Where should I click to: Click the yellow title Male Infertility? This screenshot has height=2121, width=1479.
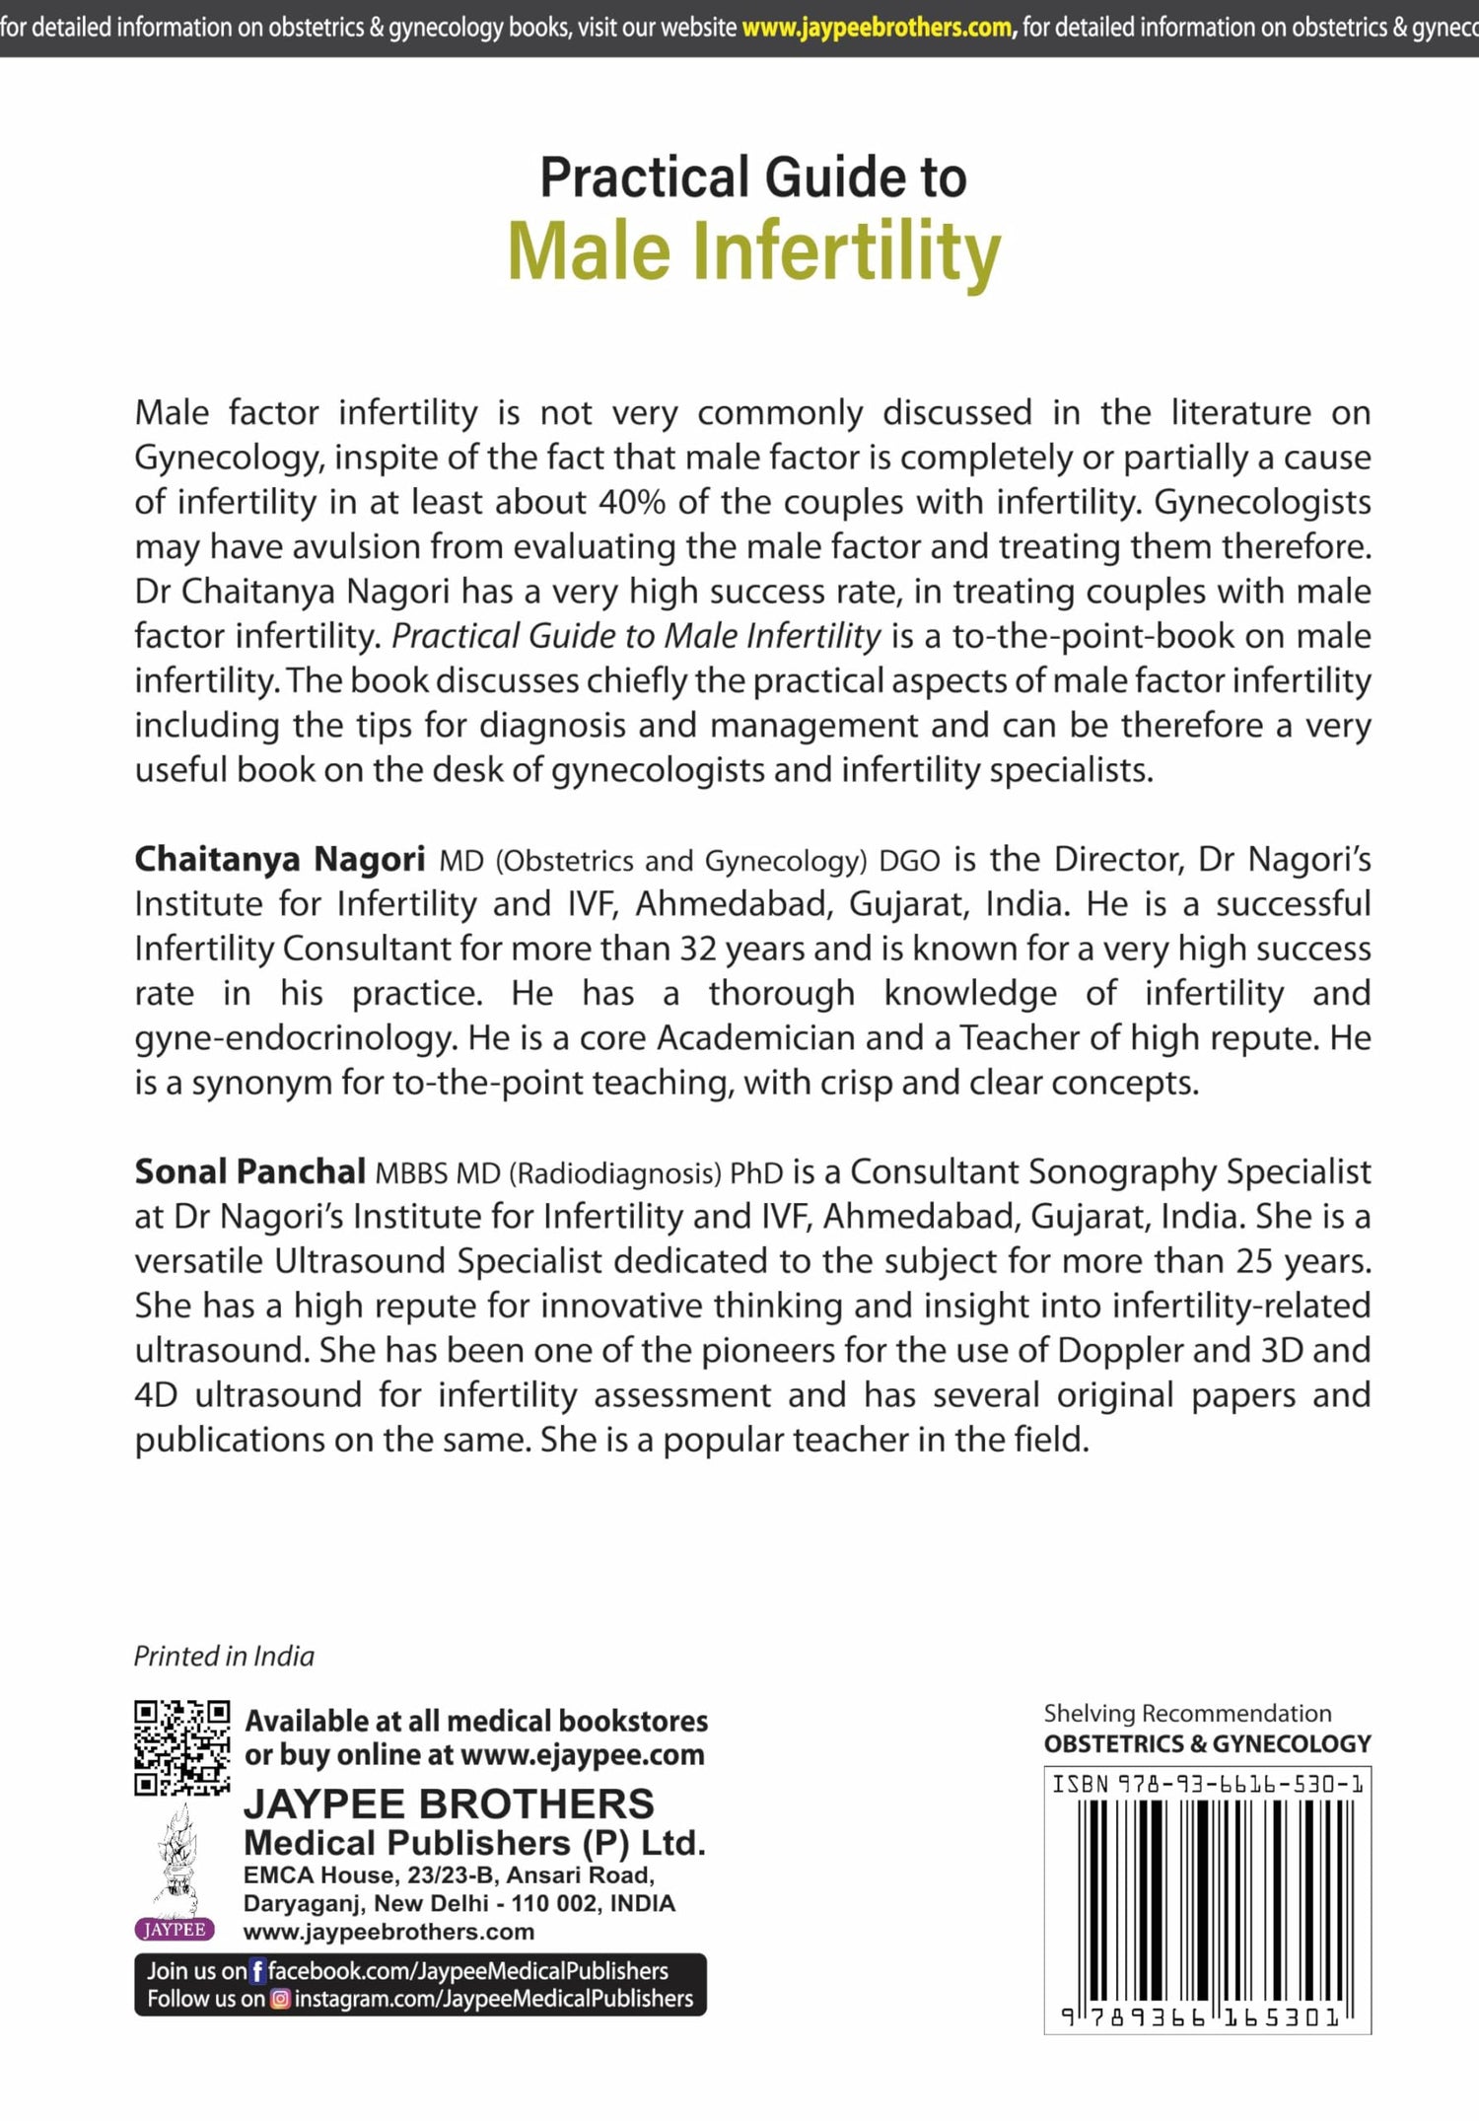[753, 251]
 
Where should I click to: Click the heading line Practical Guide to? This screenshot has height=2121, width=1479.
[753, 177]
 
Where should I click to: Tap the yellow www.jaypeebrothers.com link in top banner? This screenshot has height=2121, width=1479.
[878, 28]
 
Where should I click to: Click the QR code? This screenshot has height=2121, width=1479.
[182, 1747]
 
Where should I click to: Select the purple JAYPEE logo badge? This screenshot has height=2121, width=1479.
[175, 1930]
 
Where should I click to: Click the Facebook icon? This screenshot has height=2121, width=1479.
[257, 1971]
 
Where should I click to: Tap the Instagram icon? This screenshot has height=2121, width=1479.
[281, 1999]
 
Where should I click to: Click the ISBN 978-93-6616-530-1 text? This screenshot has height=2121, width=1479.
[1207, 1784]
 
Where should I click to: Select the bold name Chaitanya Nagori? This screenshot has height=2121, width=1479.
[280, 859]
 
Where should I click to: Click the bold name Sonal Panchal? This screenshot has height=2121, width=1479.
[250, 1171]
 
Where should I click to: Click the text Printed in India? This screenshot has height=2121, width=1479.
[224, 1657]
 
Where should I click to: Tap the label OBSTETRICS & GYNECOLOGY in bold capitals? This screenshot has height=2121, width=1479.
[1207, 1743]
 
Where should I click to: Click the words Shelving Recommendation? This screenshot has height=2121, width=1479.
[1187, 1714]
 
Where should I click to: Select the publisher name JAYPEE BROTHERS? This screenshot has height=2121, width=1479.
[449, 1804]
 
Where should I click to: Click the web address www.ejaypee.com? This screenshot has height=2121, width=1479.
[583, 1755]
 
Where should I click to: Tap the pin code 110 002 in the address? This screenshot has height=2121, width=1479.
[548, 1903]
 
